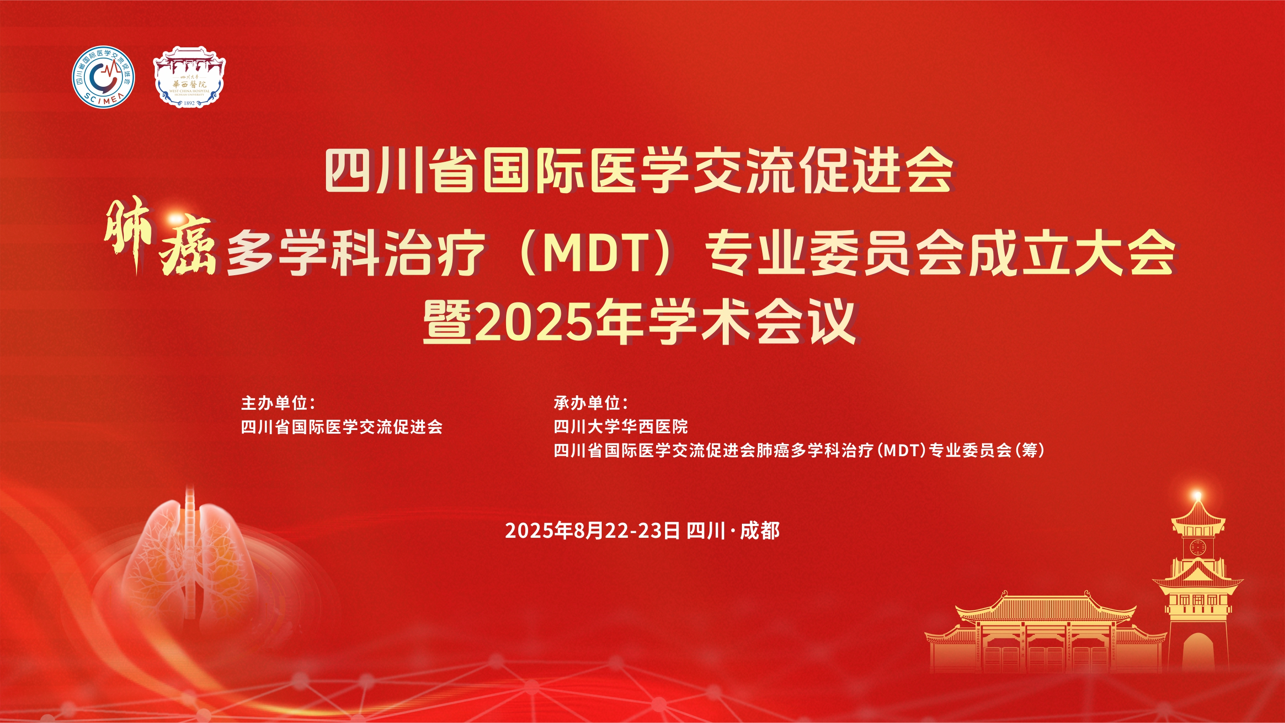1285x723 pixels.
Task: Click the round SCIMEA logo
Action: [x=103, y=77]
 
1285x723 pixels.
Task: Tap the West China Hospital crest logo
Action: [x=189, y=77]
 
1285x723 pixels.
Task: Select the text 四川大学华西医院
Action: [x=620, y=426]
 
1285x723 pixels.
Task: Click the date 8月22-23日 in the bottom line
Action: [x=627, y=531]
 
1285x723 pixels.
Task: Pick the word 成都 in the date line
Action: [x=760, y=531]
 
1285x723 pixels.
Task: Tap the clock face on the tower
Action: [x=1197, y=547]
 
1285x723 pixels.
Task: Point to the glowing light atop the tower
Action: [x=1197, y=496]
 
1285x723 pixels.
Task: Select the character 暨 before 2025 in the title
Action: [x=447, y=324]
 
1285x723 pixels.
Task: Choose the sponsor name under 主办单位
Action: [x=342, y=426]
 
